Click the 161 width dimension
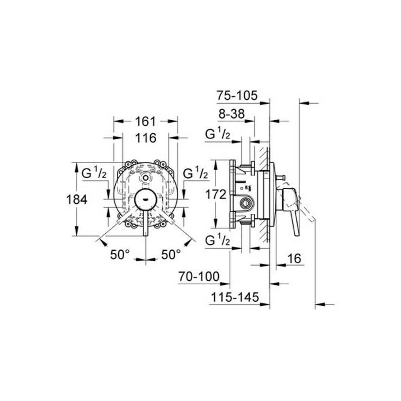coord(145,121)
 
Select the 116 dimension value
coord(145,138)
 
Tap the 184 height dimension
coord(77,199)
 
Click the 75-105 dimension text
coord(237,96)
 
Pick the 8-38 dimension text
coord(232,113)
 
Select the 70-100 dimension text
coord(199,277)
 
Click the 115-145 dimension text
coord(235,297)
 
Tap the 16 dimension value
coord(294,258)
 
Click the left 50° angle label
coord(120,254)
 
